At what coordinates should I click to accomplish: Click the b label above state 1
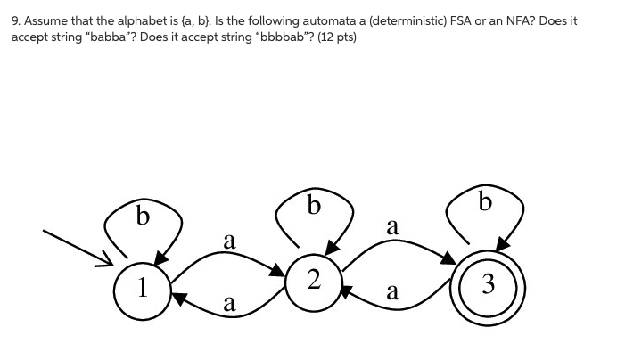[142, 215]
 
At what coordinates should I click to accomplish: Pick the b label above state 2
[312, 206]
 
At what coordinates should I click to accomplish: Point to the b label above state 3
[484, 202]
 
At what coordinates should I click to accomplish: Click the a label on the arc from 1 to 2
[229, 241]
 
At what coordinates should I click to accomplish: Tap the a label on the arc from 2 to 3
[391, 226]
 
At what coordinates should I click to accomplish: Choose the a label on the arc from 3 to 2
[391, 291]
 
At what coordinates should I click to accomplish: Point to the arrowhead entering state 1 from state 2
[179, 299]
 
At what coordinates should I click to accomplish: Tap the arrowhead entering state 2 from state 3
[347, 289]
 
